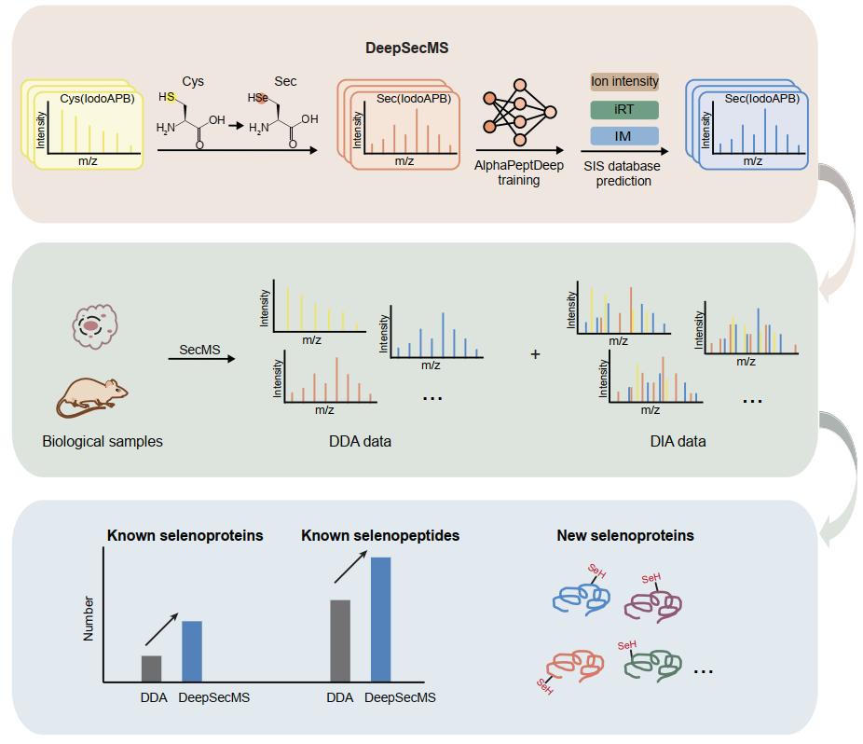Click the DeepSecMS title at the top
point(405,47)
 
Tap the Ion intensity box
point(624,82)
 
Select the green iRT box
point(624,109)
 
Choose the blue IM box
point(624,136)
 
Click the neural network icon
point(518,115)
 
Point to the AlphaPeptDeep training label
point(518,172)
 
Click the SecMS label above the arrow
point(199,350)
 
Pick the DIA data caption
point(678,441)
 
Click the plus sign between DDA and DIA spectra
point(535,355)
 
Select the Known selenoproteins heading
point(185,536)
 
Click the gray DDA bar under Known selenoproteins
point(151,668)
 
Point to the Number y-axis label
point(89,618)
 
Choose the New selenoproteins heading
point(625,536)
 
